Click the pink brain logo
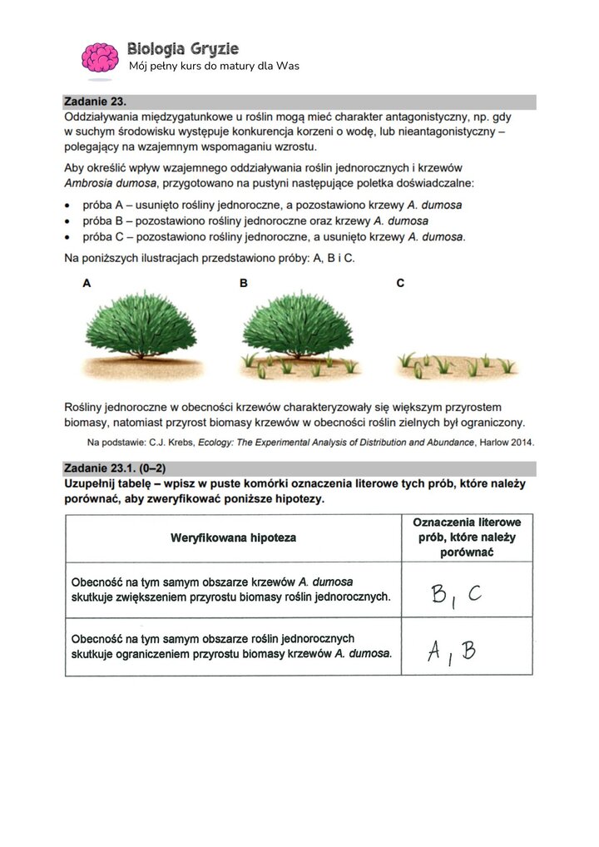[x=101, y=57]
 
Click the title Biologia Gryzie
[x=183, y=49]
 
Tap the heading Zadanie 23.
[x=95, y=102]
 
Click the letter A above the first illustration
[x=87, y=284]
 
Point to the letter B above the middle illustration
[x=244, y=284]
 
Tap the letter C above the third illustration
[x=400, y=284]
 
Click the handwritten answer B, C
[x=456, y=594]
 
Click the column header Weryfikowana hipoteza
[x=233, y=537]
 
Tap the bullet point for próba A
[x=70, y=205]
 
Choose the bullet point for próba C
[x=70, y=237]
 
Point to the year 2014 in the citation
[x=520, y=442]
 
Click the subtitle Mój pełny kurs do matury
[x=214, y=66]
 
